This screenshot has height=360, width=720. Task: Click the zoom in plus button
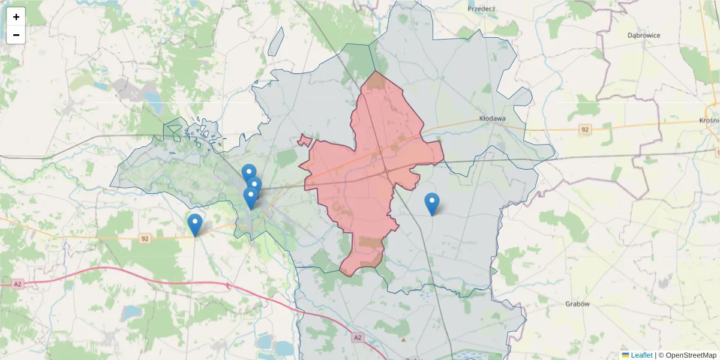pos(16,17)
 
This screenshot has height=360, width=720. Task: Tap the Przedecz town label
pos(481,9)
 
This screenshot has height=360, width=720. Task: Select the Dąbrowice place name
pos(644,35)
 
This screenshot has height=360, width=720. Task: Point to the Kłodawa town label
pos(493,119)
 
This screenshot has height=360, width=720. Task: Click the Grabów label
pos(577,304)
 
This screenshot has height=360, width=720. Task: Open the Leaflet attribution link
pos(641,355)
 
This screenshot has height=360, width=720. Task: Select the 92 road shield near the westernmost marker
pos(145,239)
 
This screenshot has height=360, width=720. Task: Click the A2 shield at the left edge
pos(17,283)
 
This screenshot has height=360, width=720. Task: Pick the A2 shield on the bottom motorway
pos(358,338)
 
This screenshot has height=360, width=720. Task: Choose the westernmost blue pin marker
pos(195,225)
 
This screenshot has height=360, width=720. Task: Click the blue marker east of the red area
pos(431,204)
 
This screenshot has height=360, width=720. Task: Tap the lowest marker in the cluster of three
pos(251,198)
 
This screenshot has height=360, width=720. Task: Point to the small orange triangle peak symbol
pos(403,340)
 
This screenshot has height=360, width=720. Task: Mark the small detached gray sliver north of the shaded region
pos(276,41)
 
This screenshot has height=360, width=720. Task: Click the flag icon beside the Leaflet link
pos(625,355)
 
